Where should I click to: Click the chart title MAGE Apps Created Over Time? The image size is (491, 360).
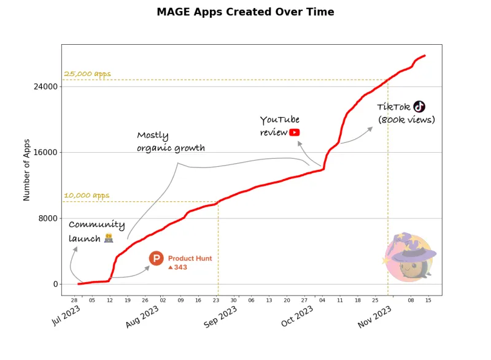coord(245,12)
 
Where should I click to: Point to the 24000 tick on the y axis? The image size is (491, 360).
coord(48,86)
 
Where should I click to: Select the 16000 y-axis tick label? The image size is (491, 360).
coord(48,153)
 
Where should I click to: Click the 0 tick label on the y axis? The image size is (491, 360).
coord(55,284)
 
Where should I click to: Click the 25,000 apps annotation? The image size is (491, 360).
coord(87,74)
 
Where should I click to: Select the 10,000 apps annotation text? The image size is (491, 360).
coord(87,196)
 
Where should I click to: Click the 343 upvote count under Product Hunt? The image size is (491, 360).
coord(180,267)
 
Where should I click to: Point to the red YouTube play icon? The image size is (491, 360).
coord(295,132)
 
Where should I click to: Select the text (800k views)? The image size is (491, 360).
coord(406,120)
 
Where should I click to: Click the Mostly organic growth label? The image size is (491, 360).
coord(170,142)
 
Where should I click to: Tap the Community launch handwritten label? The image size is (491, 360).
coord(96,231)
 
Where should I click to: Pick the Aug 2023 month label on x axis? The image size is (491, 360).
coord(142,315)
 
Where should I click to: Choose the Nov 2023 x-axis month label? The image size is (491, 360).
coord(374,315)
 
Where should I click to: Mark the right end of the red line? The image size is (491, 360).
coord(425,56)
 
